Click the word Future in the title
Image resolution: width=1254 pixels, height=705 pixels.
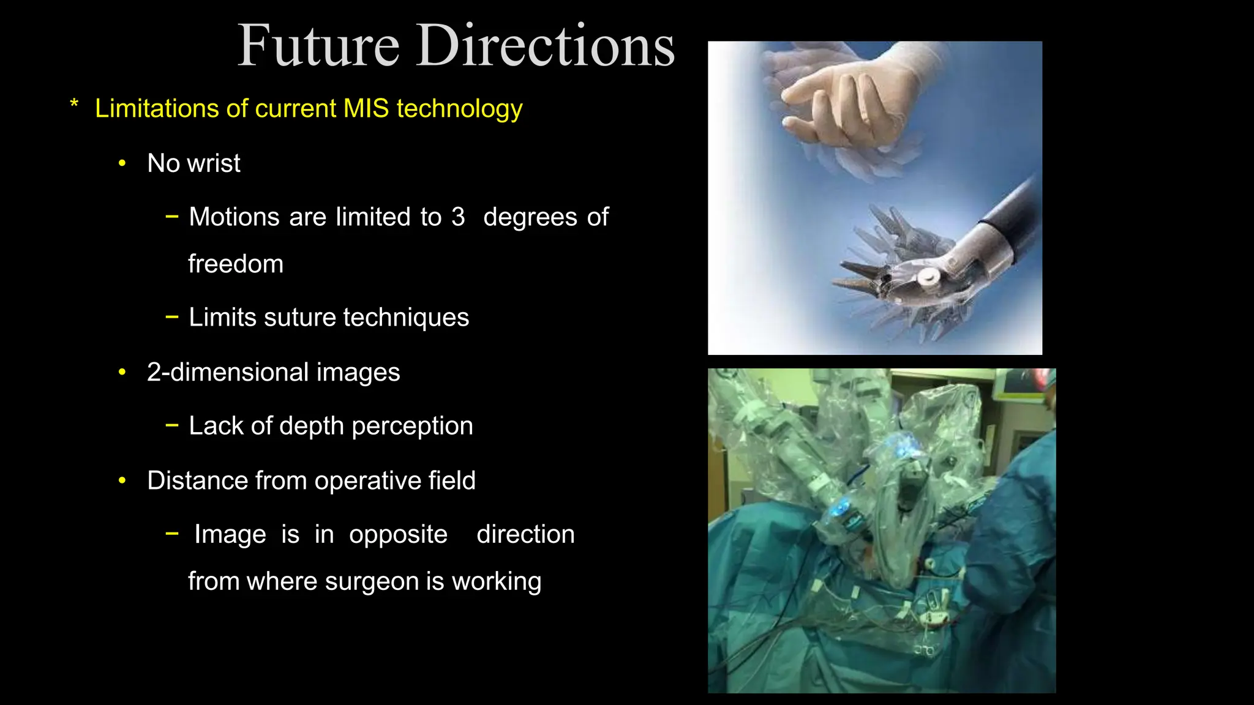coord(318,46)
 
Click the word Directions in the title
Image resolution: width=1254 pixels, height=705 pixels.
coord(546,46)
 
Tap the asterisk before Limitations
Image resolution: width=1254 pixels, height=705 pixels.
coord(74,105)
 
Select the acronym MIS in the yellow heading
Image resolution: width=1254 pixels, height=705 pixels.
coord(366,108)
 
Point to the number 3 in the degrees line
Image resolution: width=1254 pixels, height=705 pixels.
coord(458,217)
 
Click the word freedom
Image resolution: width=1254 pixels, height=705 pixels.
coord(236,264)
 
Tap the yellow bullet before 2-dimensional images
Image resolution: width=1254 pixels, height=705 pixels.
coord(122,372)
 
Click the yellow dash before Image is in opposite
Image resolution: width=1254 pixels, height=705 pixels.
coord(172,534)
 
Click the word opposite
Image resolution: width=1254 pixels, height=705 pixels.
coord(398,535)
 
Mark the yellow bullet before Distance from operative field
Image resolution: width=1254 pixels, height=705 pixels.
coord(122,481)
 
